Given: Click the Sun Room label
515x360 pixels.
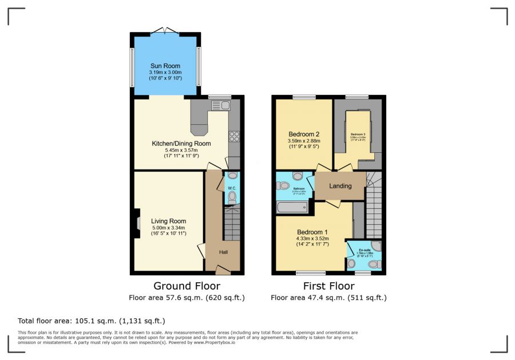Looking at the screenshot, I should [165, 66].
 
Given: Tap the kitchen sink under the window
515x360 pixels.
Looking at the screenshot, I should [220, 105].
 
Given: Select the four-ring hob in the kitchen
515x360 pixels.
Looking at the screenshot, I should [234, 136].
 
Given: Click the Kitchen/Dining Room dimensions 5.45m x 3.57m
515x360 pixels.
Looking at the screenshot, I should [181, 150].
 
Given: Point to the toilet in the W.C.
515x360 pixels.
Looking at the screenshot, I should [232, 197].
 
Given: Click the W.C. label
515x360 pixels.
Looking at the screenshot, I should [232, 187].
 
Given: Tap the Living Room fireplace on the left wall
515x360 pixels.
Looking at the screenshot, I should [137, 223].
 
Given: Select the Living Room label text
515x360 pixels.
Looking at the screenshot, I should [168, 221].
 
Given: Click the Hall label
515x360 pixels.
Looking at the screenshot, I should [225, 252].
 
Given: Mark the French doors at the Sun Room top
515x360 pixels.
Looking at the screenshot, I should [165, 30].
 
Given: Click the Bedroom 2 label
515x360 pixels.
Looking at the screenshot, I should [304, 133].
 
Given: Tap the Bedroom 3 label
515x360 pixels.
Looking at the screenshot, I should [358, 134].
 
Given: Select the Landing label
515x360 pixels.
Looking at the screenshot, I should [340, 186].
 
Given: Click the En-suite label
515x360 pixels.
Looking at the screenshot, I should [365, 250].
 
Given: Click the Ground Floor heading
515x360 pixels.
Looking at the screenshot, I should [187, 286].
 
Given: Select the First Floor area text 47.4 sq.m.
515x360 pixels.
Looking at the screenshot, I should [328, 298].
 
